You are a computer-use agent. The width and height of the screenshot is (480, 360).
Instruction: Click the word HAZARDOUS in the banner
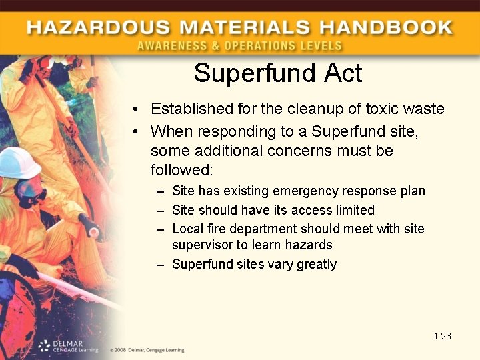91,28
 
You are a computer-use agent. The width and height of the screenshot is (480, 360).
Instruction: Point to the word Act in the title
342,73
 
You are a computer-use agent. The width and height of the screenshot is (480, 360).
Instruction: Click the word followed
180,169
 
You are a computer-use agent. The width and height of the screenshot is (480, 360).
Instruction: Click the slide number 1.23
442,336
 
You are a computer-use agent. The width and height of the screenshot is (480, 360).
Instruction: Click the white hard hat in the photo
18,163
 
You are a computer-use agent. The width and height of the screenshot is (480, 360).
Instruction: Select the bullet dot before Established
135,109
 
